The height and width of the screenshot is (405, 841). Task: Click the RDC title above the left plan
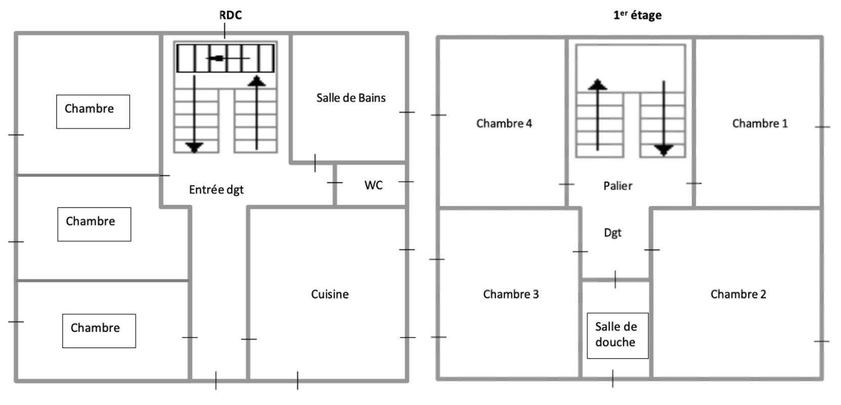click(231, 15)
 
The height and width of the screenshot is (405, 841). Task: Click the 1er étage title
click(637, 15)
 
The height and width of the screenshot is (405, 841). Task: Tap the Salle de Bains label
click(351, 98)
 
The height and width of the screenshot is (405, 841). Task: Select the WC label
click(373, 185)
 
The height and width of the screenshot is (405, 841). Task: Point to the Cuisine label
click(329, 294)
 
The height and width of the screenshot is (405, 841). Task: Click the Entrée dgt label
click(216, 190)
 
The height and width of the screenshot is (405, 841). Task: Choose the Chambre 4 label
click(504, 123)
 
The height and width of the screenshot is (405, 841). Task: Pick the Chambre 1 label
click(760, 123)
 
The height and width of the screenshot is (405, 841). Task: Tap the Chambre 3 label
click(511, 294)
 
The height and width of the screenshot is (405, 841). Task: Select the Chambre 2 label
click(738, 294)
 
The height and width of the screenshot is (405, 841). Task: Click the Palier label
click(618, 186)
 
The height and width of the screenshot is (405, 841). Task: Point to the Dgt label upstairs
click(612, 233)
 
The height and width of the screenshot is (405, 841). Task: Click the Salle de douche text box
click(618, 336)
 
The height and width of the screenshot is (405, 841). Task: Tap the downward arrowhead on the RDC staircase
click(194, 147)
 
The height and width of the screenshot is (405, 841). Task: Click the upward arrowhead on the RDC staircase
click(257, 81)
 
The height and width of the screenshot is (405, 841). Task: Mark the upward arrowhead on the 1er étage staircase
click(597, 84)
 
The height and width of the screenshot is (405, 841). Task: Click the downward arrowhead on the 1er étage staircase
click(664, 150)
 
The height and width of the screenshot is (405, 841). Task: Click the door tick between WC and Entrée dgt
click(334, 183)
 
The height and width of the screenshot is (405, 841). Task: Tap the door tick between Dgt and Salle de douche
click(615, 279)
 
